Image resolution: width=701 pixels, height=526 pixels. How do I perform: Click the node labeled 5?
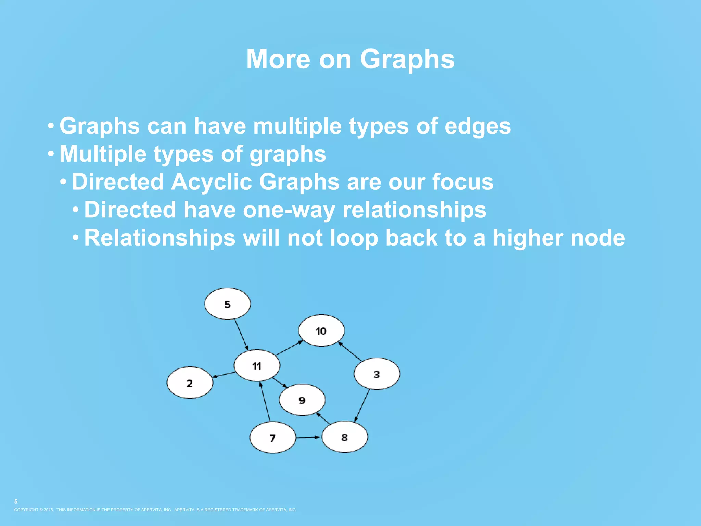(227, 304)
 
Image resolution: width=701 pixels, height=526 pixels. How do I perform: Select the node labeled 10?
(321, 330)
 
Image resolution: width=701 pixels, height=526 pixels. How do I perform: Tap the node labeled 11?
(257, 365)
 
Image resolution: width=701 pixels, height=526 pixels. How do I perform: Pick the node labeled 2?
(190, 383)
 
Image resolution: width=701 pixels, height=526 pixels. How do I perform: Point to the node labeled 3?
(377, 374)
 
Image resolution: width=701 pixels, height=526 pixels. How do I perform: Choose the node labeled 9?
(302, 400)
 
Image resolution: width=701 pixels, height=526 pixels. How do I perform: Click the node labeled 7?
(272, 437)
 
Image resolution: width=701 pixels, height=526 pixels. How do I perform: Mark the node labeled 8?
(345, 437)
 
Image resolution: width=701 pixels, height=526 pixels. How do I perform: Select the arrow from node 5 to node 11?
(241, 335)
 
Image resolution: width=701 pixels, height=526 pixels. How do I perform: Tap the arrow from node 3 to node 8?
(362, 405)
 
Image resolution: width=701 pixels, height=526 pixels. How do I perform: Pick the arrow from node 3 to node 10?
(350, 351)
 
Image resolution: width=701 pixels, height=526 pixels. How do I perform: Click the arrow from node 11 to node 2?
(224, 375)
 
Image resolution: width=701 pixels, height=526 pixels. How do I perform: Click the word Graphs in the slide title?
(407, 59)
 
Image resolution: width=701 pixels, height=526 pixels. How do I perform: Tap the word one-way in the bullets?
(289, 210)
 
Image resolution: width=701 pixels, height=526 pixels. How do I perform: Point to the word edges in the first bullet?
(477, 126)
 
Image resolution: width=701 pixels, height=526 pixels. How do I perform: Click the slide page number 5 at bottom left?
(16, 501)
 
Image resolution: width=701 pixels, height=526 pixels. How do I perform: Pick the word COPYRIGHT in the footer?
(26, 510)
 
